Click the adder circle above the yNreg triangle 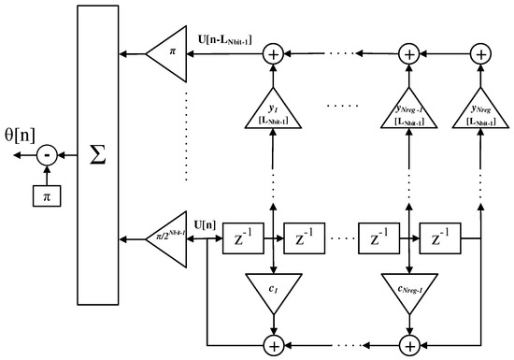click(479, 55)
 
